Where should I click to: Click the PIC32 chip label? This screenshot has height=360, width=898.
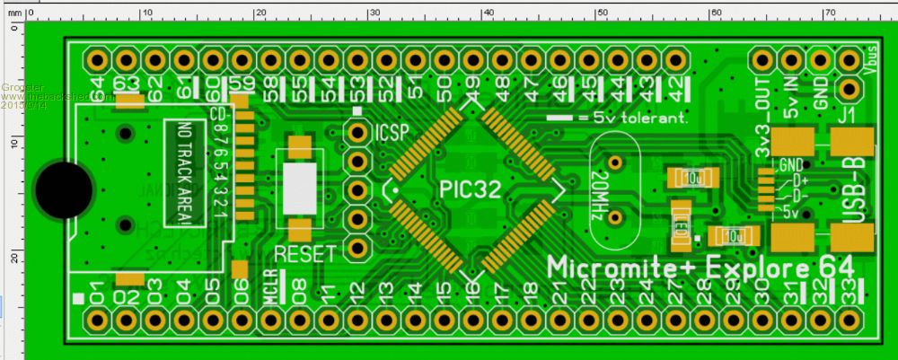[x=471, y=189]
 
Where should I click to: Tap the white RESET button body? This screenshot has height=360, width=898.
[x=300, y=188]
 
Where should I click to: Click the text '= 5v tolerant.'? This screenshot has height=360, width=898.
[x=629, y=118]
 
